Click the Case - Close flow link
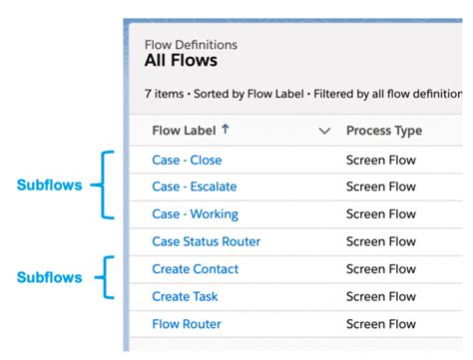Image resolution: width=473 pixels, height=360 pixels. tap(187, 160)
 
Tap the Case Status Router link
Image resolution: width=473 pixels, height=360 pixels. tap(206, 241)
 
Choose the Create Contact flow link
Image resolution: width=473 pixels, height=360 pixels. tap(195, 269)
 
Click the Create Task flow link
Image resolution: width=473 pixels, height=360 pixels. tap(186, 296)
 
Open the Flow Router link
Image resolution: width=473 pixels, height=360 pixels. tap(187, 324)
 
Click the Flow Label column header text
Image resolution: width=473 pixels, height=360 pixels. tap(184, 131)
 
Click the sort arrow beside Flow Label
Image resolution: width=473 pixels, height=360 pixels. tap(226, 130)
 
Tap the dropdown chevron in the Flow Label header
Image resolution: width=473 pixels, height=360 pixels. tap(323, 131)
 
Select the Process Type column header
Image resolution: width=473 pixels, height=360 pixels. tap(383, 131)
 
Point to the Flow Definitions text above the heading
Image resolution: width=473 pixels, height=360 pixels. tap(191, 45)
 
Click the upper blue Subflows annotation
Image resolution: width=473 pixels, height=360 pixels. tap(49, 185)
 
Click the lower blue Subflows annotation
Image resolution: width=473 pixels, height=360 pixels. tap(49, 278)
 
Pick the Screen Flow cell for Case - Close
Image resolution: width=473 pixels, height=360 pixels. tap(380, 160)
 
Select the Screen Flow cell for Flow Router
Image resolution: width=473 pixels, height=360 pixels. tap(380, 324)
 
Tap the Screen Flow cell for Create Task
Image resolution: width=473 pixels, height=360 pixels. tap(380, 296)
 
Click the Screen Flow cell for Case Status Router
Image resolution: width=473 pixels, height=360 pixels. tap(380, 241)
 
